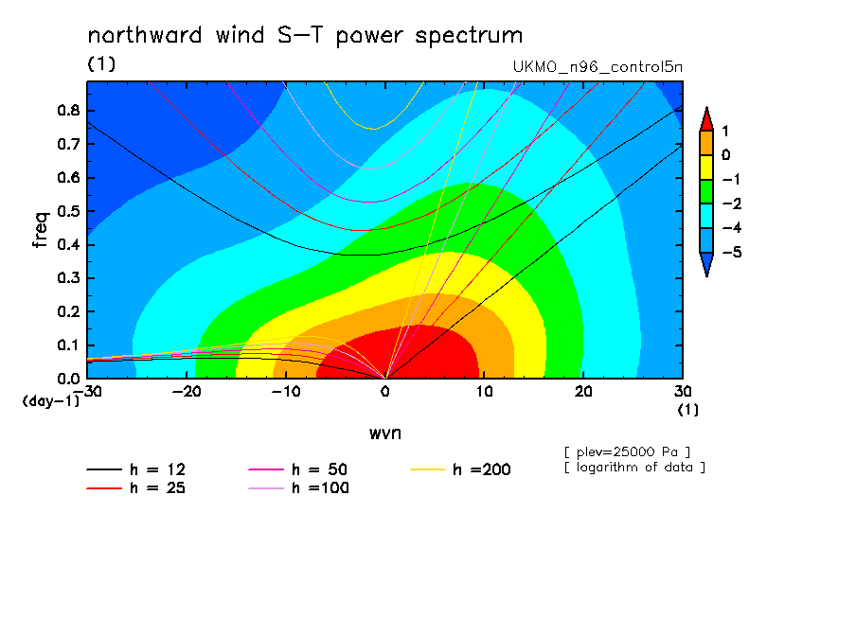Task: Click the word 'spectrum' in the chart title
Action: (469, 37)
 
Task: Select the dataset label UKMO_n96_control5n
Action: (597, 67)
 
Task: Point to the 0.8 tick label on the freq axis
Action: (69, 110)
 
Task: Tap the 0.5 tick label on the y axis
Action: (69, 211)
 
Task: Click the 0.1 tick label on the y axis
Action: (69, 345)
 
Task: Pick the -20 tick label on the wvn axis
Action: (187, 392)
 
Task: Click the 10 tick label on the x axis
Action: (484, 392)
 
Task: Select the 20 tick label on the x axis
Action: (583, 392)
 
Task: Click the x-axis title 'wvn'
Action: (385, 433)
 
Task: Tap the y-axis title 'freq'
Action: (41, 230)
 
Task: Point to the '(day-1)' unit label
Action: (50, 401)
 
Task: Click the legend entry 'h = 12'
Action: (136, 469)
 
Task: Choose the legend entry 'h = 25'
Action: (136, 488)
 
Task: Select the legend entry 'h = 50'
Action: (298, 469)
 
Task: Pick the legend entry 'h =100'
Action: (298, 488)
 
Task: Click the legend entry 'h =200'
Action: (461, 469)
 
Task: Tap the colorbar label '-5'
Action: (732, 252)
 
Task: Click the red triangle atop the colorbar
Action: (706, 120)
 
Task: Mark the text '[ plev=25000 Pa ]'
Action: (627, 452)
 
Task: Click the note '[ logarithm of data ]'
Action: (635, 468)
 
